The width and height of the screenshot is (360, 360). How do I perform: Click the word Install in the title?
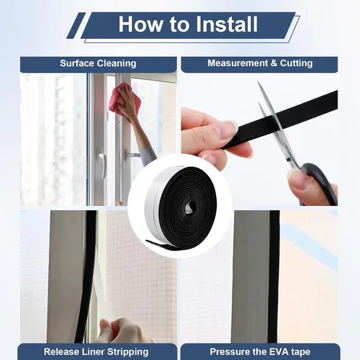227,24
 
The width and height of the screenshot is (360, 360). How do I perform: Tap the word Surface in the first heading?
77,63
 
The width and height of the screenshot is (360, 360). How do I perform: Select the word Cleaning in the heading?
117,63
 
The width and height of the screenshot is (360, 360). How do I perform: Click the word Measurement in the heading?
238,63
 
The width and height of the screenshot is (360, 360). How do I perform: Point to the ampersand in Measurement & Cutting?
274,63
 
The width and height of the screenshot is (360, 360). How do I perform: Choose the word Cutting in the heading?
297,63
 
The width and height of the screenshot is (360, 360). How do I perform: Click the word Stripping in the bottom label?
128,352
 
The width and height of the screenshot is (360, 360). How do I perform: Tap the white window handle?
102,163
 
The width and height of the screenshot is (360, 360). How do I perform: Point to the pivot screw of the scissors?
289,159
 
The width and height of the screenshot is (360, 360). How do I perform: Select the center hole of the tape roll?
189,207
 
